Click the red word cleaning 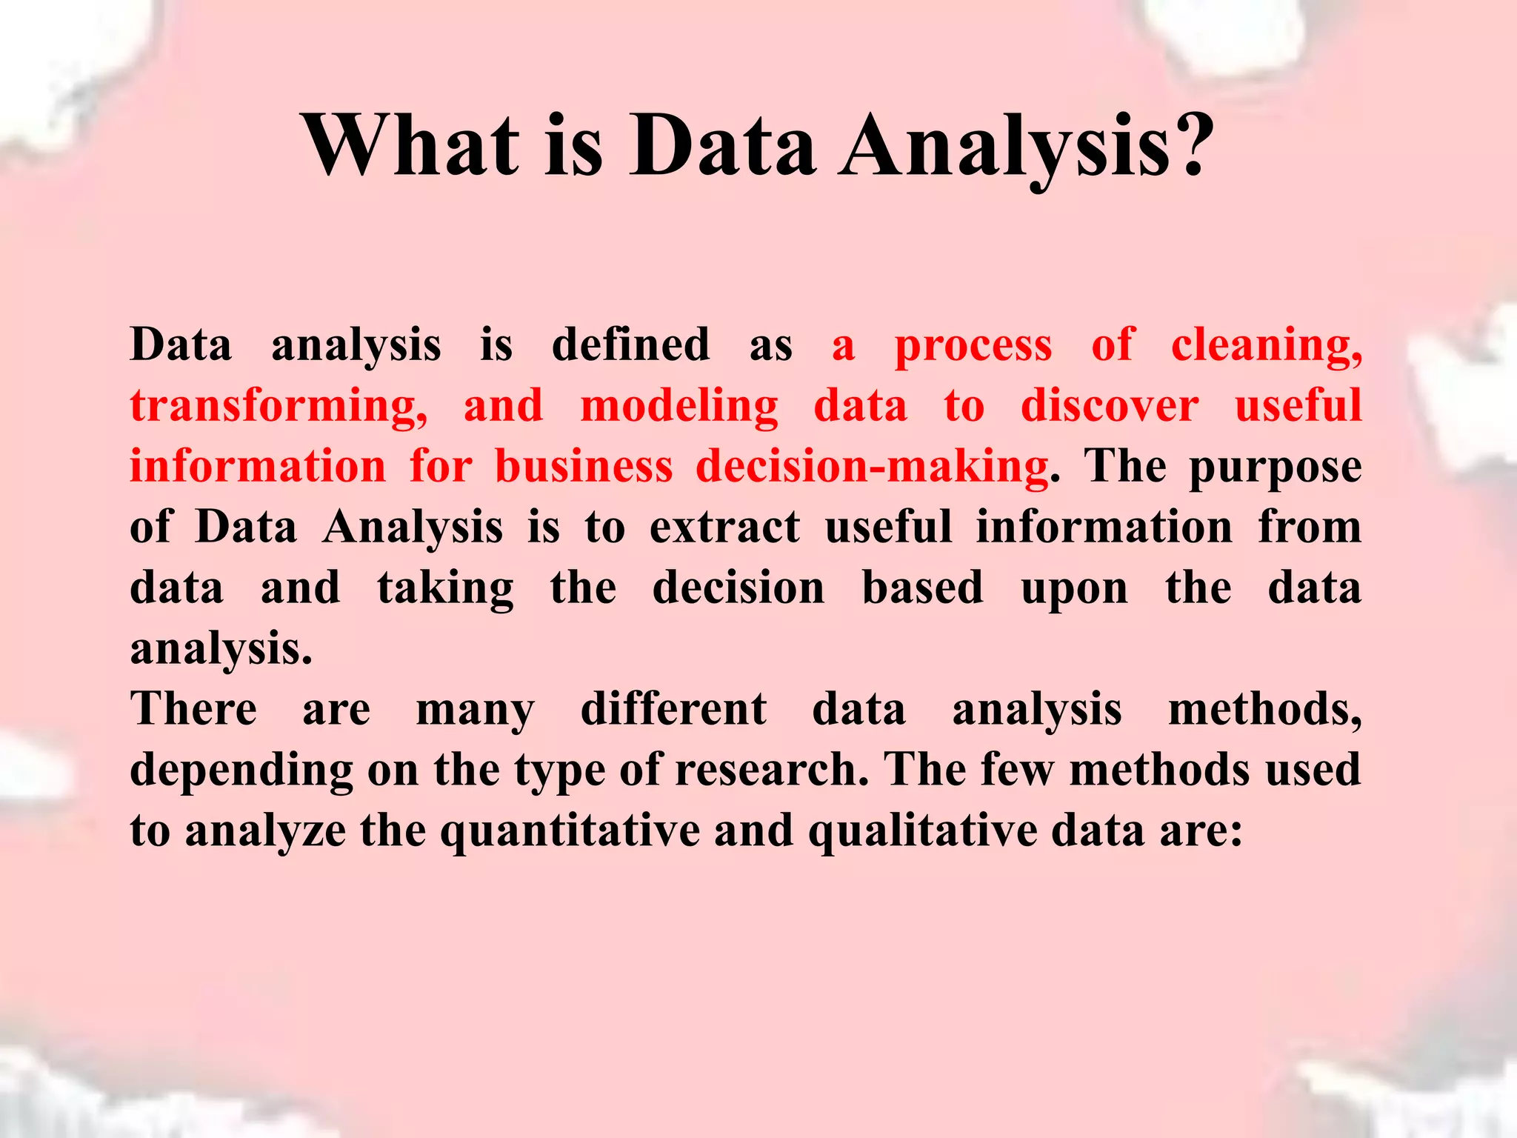tap(1266, 346)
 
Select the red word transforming tap(279, 407)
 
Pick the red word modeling tap(679, 407)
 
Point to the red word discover tap(1109, 406)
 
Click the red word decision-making tap(872, 468)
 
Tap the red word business tap(584, 467)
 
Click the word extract tap(724, 528)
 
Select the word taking tap(445, 590)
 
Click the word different tap(673, 709)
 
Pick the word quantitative tap(570, 831)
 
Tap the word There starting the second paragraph tap(193, 709)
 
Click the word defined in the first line tap(630, 345)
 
